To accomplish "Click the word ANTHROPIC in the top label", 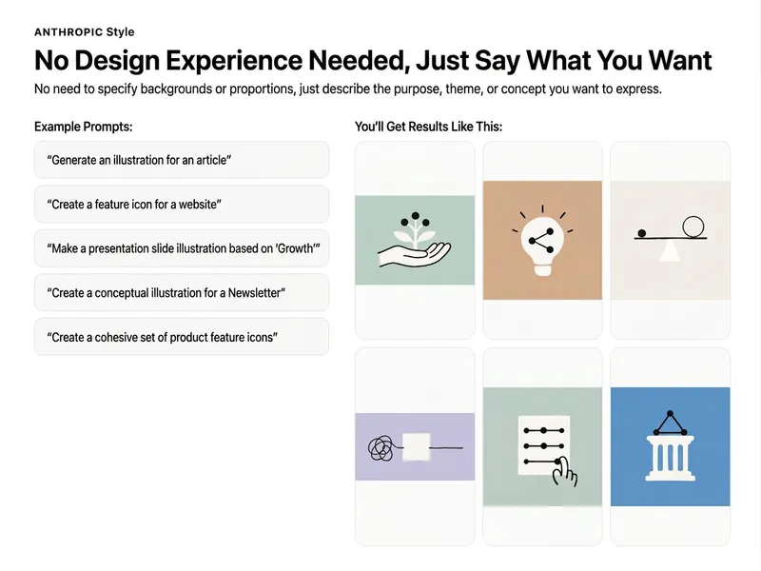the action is [x=68, y=32].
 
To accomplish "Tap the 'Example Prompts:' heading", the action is [x=84, y=127].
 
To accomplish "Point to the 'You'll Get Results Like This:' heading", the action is [x=429, y=127].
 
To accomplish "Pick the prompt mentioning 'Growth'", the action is [x=182, y=248].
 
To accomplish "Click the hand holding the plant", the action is [x=415, y=254].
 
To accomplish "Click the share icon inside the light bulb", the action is [x=541, y=241].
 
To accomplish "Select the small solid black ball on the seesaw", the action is [x=641, y=233].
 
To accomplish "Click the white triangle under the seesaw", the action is [x=670, y=250].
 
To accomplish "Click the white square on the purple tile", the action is [x=417, y=446].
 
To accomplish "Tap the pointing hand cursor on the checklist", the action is [x=564, y=471].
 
